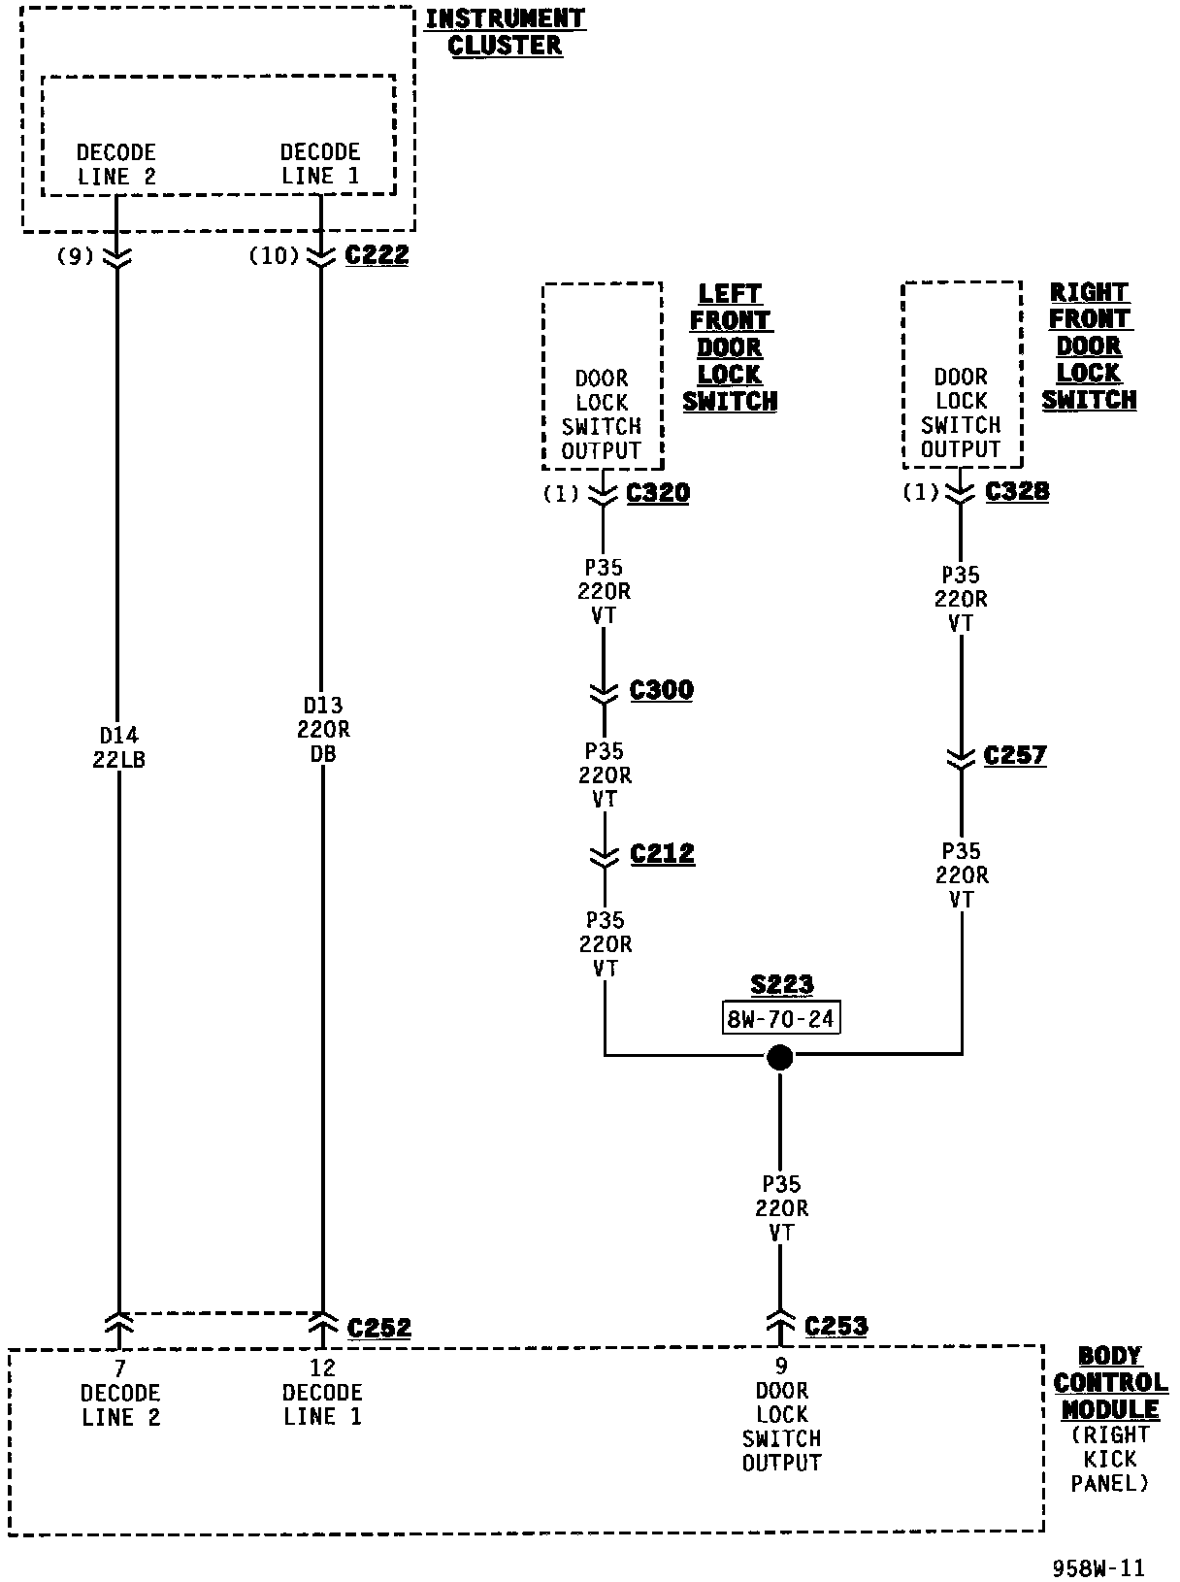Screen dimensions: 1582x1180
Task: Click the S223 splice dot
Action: point(779,1057)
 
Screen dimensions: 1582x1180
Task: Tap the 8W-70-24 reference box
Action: point(781,1019)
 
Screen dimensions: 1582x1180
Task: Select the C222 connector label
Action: point(377,255)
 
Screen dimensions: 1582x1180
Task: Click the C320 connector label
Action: point(658,493)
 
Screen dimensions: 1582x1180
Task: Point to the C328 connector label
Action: point(1017,491)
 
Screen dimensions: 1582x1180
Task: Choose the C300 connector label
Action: point(662,690)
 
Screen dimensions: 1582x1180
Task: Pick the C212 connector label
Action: point(663,854)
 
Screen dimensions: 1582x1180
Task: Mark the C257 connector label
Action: point(1015,755)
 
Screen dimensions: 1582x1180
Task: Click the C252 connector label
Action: point(378,1328)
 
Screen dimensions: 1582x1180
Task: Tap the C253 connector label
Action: point(836,1326)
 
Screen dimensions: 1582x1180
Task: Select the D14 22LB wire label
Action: point(118,747)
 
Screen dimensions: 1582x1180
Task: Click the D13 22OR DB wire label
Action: point(323,730)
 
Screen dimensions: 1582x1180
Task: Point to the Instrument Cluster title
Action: point(505,32)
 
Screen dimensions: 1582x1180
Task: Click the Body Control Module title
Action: point(1110,1383)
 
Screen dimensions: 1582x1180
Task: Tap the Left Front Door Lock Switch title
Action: point(730,347)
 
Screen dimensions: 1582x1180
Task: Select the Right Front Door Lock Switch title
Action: point(1090,346)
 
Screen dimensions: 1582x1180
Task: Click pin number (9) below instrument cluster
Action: point(75,256)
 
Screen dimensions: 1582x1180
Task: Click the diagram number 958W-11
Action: point(1098,1568)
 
